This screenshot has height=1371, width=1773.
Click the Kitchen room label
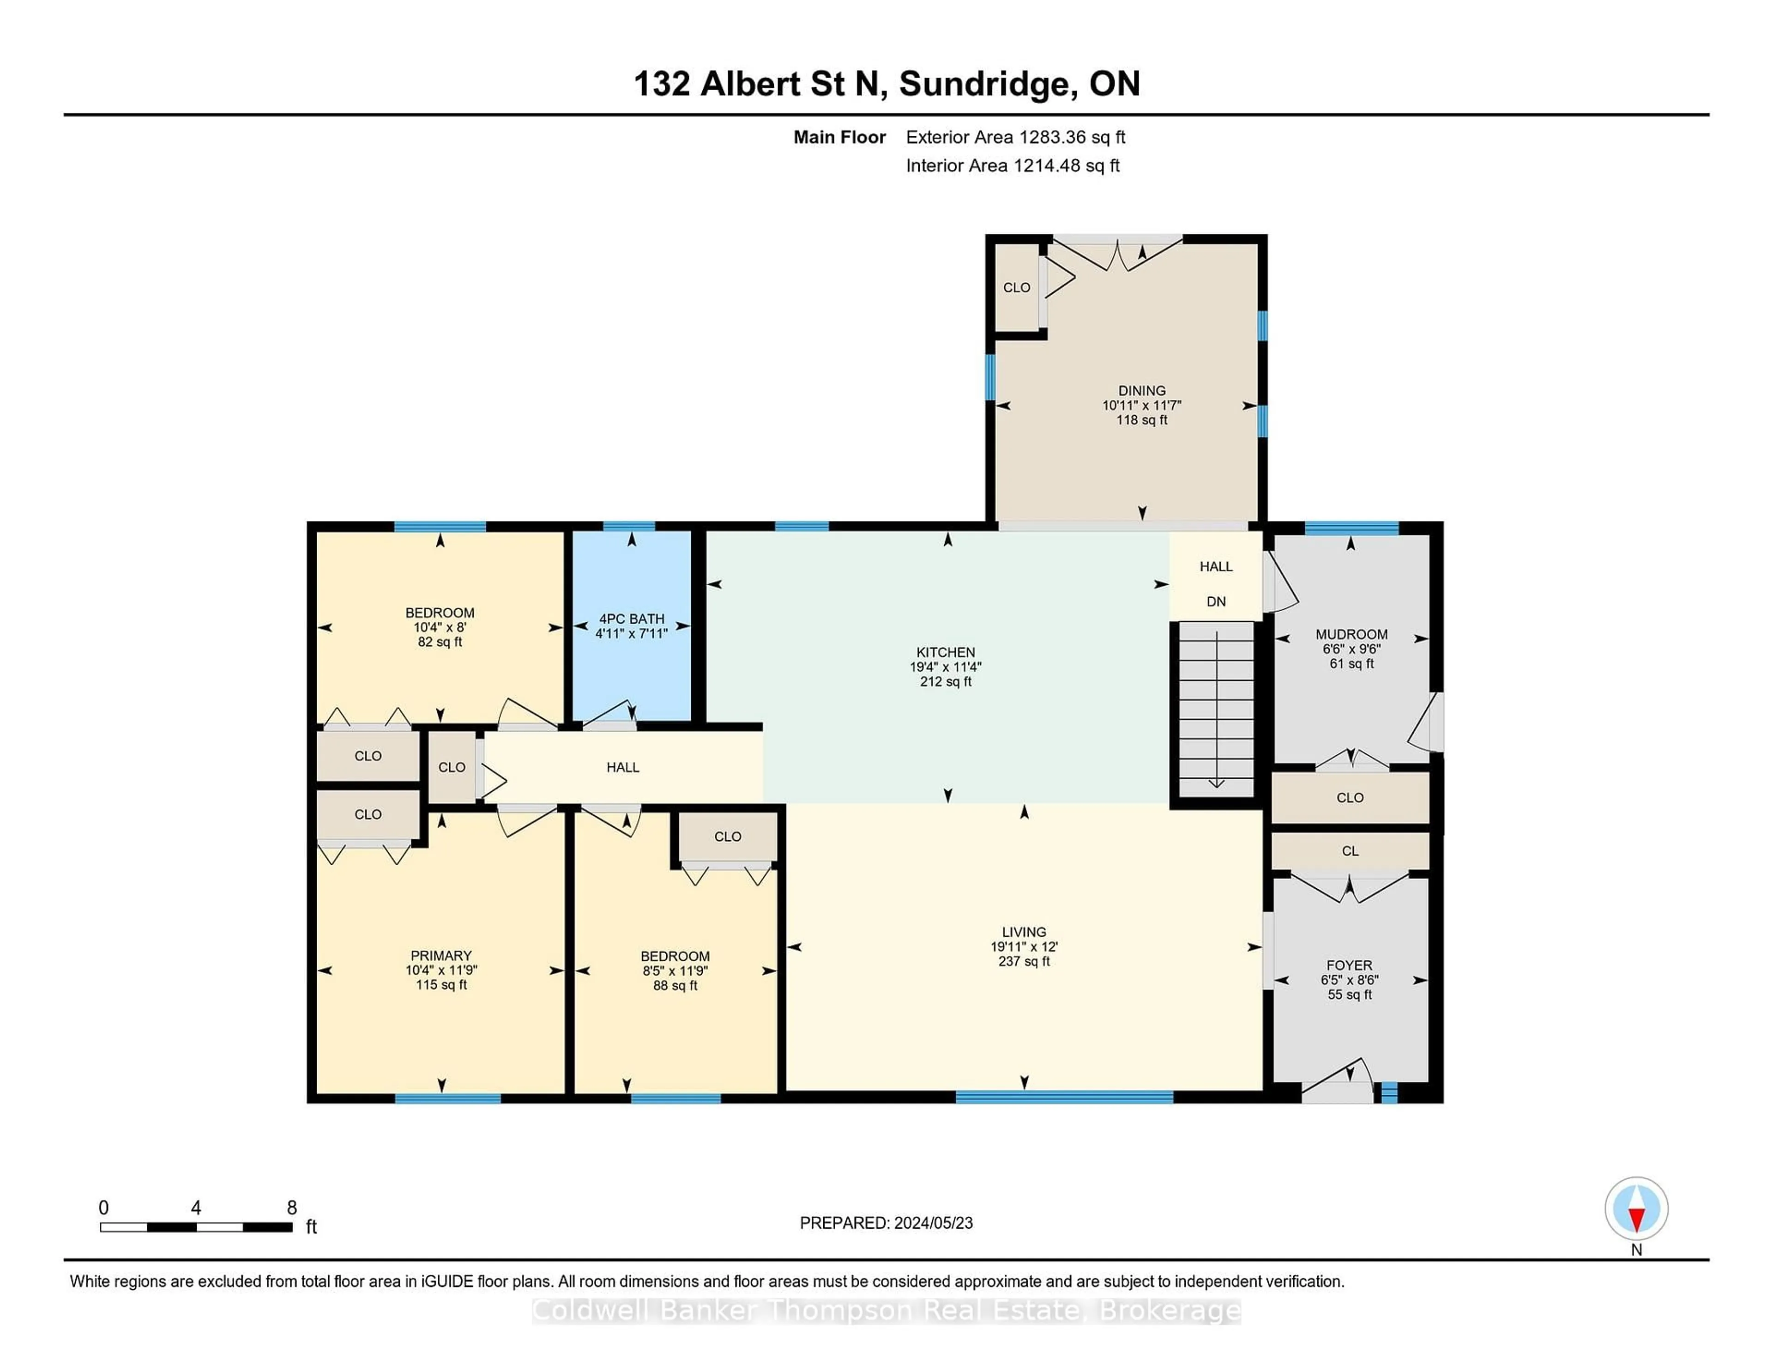(945, 652)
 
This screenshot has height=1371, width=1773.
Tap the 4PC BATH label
(632, 619)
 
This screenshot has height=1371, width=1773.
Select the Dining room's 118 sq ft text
(1141, 420)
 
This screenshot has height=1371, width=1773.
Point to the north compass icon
(1636, 1208)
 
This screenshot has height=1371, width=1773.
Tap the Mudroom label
(1351, 634)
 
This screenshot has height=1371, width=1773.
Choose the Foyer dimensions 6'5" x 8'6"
(1349, 980)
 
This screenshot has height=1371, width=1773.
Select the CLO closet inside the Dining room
(1016, 287)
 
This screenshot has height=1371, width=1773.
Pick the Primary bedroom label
(441, 956)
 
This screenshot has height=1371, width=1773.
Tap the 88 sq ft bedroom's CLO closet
(727, 837)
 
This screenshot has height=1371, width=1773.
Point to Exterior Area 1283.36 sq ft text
(1015, 137)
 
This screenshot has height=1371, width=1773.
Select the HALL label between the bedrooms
(623, 768)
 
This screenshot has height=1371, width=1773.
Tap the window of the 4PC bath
(629, 526)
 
